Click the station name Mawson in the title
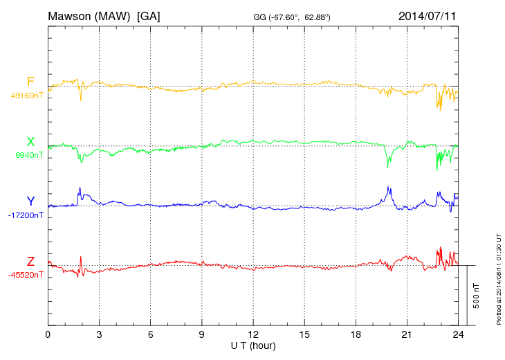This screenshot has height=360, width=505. [72, 15]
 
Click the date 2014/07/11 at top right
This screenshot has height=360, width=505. [427, 15]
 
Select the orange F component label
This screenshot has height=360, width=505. [30, 82]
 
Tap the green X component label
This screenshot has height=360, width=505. [30, 142]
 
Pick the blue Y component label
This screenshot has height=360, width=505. [30, 201]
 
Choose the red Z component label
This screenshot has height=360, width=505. [30, 261]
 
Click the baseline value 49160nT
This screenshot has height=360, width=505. [27, 96]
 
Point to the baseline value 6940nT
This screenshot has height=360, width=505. [29, 155]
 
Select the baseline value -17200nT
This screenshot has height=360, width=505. [26, 215]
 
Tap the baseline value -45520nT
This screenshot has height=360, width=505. [26, 275]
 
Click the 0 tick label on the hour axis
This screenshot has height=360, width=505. [48, 334]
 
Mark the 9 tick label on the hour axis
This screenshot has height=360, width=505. [202, 334]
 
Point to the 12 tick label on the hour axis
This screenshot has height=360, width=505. [253, 334]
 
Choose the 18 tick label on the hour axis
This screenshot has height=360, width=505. [356, 334]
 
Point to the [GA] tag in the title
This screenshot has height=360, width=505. [149, 15]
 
